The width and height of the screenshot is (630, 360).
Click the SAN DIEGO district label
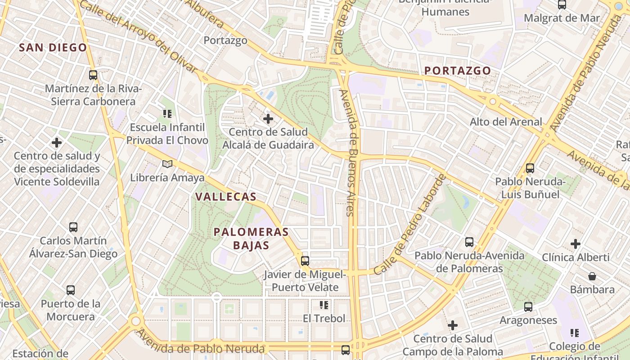[x=53, y=48]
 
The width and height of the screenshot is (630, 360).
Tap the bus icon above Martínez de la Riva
[x=93, y=75]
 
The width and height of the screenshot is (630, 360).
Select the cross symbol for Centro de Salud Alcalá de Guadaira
[x=268, y=119]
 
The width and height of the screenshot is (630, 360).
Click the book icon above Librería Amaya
[x=167, y=164]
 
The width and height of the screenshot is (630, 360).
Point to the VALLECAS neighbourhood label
[x=226, y=197]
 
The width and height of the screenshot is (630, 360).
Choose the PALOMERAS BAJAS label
[x=251, y=238]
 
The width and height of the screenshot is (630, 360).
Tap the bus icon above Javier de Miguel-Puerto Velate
[x=305, y=261]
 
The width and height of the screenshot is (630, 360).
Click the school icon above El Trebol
[x=324, y=305]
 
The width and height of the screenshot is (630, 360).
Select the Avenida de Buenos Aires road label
[x=350, y=153]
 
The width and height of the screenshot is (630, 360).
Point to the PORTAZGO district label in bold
[x=458, y=71]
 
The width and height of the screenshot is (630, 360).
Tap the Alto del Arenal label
[x=506, y=122]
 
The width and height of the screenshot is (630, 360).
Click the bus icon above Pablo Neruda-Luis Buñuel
[x=530, y=168]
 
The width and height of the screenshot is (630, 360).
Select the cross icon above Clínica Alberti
[x=576, y=244]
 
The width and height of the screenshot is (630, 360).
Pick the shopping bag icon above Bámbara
[x=592, y=276]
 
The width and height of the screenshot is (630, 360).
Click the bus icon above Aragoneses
[x=528, y=307]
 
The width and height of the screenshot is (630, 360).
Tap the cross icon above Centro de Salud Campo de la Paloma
[x=453, y=325]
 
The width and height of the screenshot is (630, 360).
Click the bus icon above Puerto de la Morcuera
[x=71, y=290]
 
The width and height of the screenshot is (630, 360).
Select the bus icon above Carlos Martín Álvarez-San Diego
[x=73, y=227]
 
